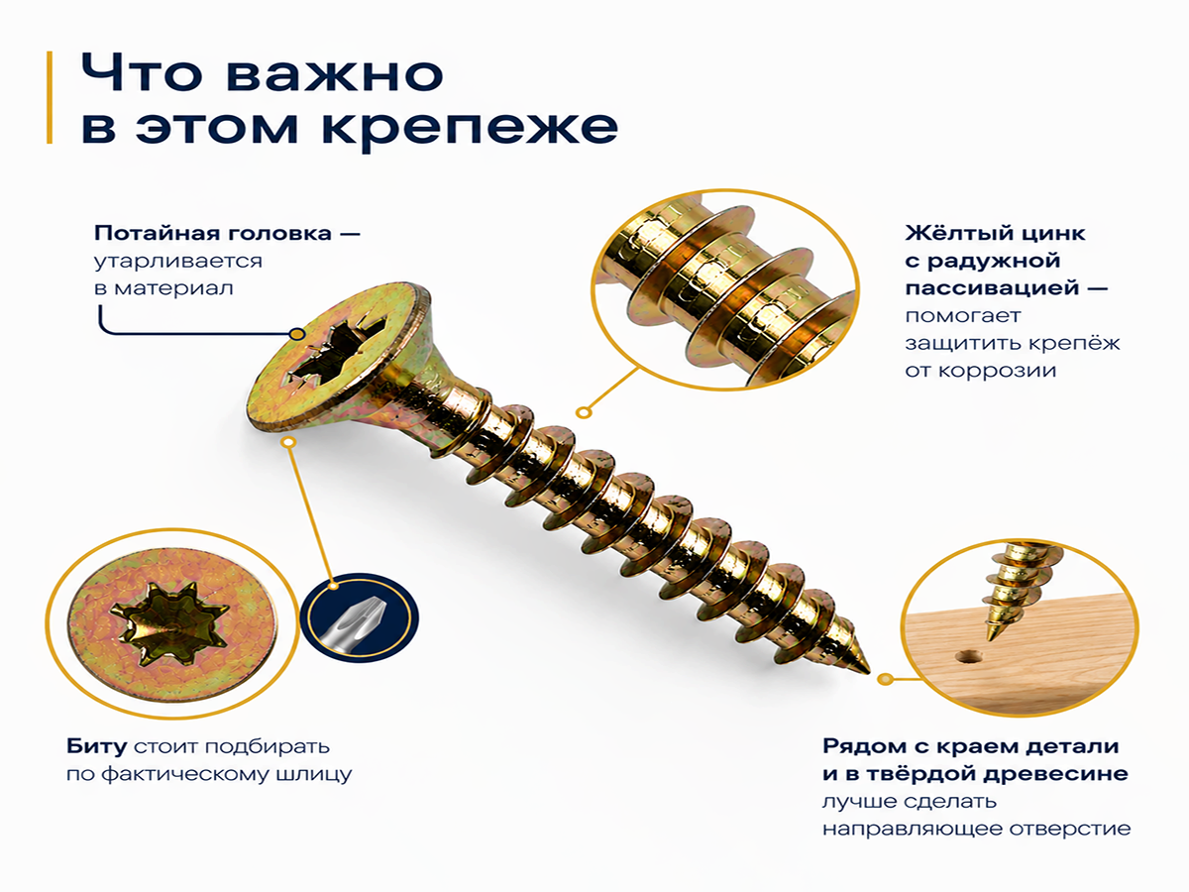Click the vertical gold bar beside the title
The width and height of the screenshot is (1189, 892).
pos(50,97)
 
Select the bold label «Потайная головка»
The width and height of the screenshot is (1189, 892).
pos(213,234)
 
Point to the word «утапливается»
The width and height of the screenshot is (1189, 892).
pos(177,262)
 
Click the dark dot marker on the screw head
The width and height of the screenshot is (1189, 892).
pos(296,334)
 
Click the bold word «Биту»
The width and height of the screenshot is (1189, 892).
pos(97,747)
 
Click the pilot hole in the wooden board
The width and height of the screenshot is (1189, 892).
pos(968,657)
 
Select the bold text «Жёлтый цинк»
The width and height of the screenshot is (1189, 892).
pos(995,234)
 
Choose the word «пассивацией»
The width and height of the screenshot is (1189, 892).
pos(993,288)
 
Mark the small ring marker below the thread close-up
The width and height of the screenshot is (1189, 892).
pos(583,412)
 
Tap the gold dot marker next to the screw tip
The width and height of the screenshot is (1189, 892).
pos(886,679)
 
